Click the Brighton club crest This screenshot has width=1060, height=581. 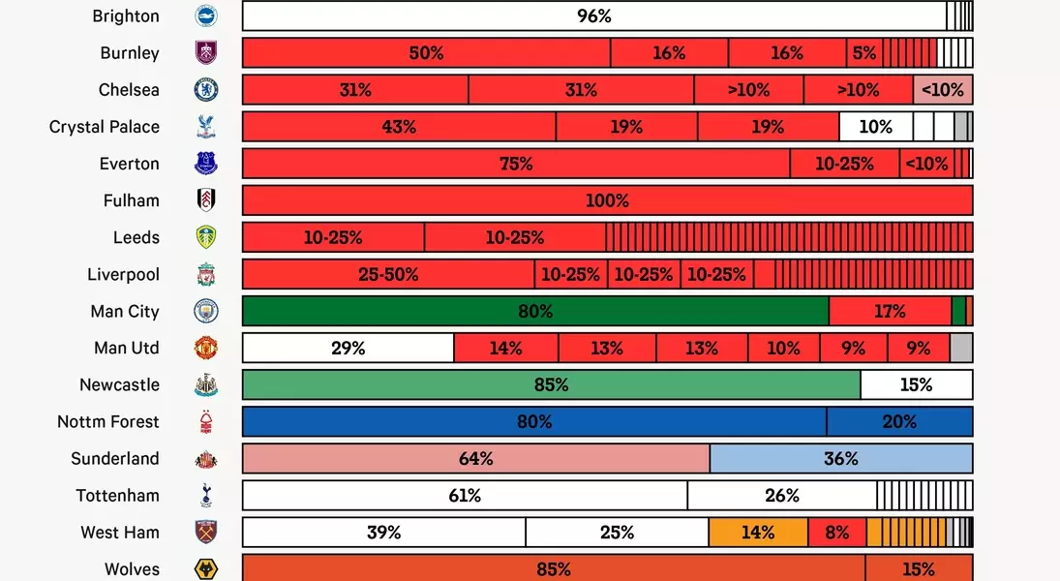(205, 16)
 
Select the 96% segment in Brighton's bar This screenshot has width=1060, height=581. (593, 16)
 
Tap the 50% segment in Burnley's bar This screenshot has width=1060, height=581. (426, 53)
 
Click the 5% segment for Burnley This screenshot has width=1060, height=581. (863, 53)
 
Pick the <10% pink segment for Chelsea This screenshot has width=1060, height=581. (942, 90)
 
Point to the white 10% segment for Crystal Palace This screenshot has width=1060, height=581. (875, 127)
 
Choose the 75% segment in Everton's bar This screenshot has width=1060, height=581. (516, 164)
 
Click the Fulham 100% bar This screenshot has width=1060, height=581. (607, 200)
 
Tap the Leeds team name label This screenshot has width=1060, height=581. (136, 237)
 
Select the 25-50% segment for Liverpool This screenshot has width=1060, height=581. (388, 274)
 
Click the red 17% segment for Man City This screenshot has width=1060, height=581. (890, 311)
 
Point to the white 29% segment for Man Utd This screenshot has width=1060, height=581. (348, 348)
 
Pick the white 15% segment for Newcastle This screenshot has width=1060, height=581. (916, 384)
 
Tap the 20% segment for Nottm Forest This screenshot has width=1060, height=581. (899, 421)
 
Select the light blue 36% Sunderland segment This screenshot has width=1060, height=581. (840, 458)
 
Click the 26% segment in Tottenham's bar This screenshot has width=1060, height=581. (781, 495)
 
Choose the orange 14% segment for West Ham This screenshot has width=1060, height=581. (757, 532)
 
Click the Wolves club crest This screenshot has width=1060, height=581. (205, 568)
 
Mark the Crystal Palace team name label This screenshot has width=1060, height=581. (105, 127)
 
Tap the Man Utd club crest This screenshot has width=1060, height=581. (205, 348)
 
